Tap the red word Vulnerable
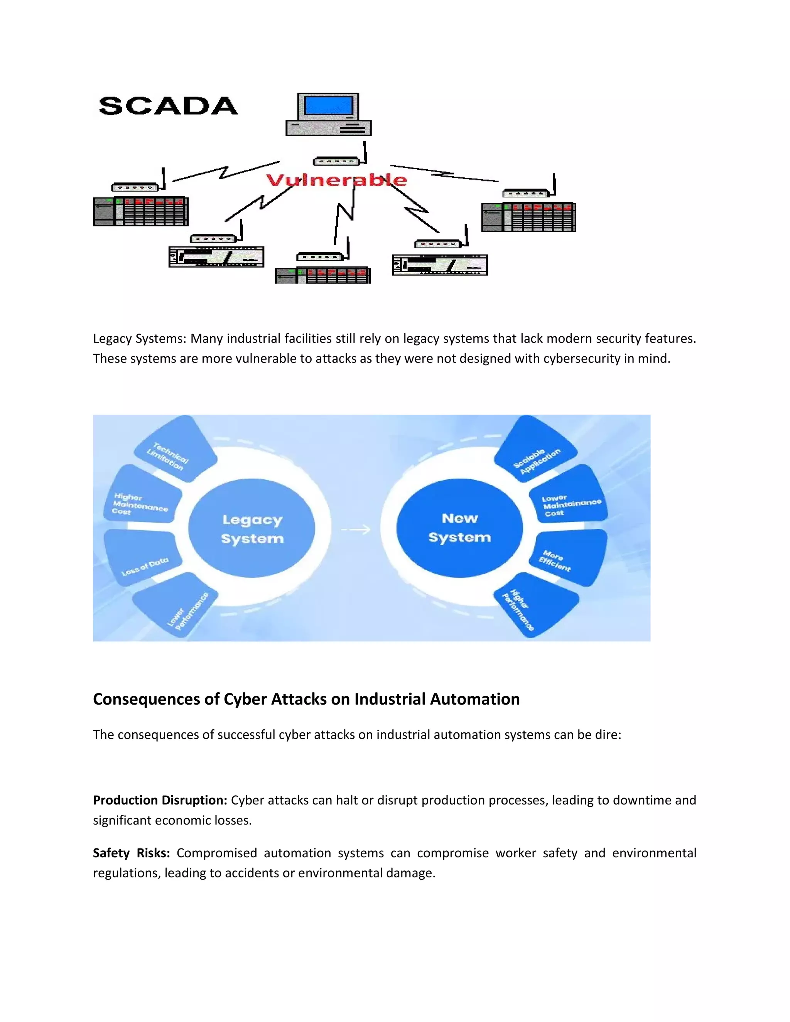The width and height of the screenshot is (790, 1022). (336, 180)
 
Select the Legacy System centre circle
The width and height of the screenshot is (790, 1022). (252, 528)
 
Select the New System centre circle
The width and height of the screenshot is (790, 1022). (459, 528)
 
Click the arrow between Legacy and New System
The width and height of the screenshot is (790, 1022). (356, 530)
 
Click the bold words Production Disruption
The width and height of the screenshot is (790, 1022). (160, 800)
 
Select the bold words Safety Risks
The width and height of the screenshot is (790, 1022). (131, 853)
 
